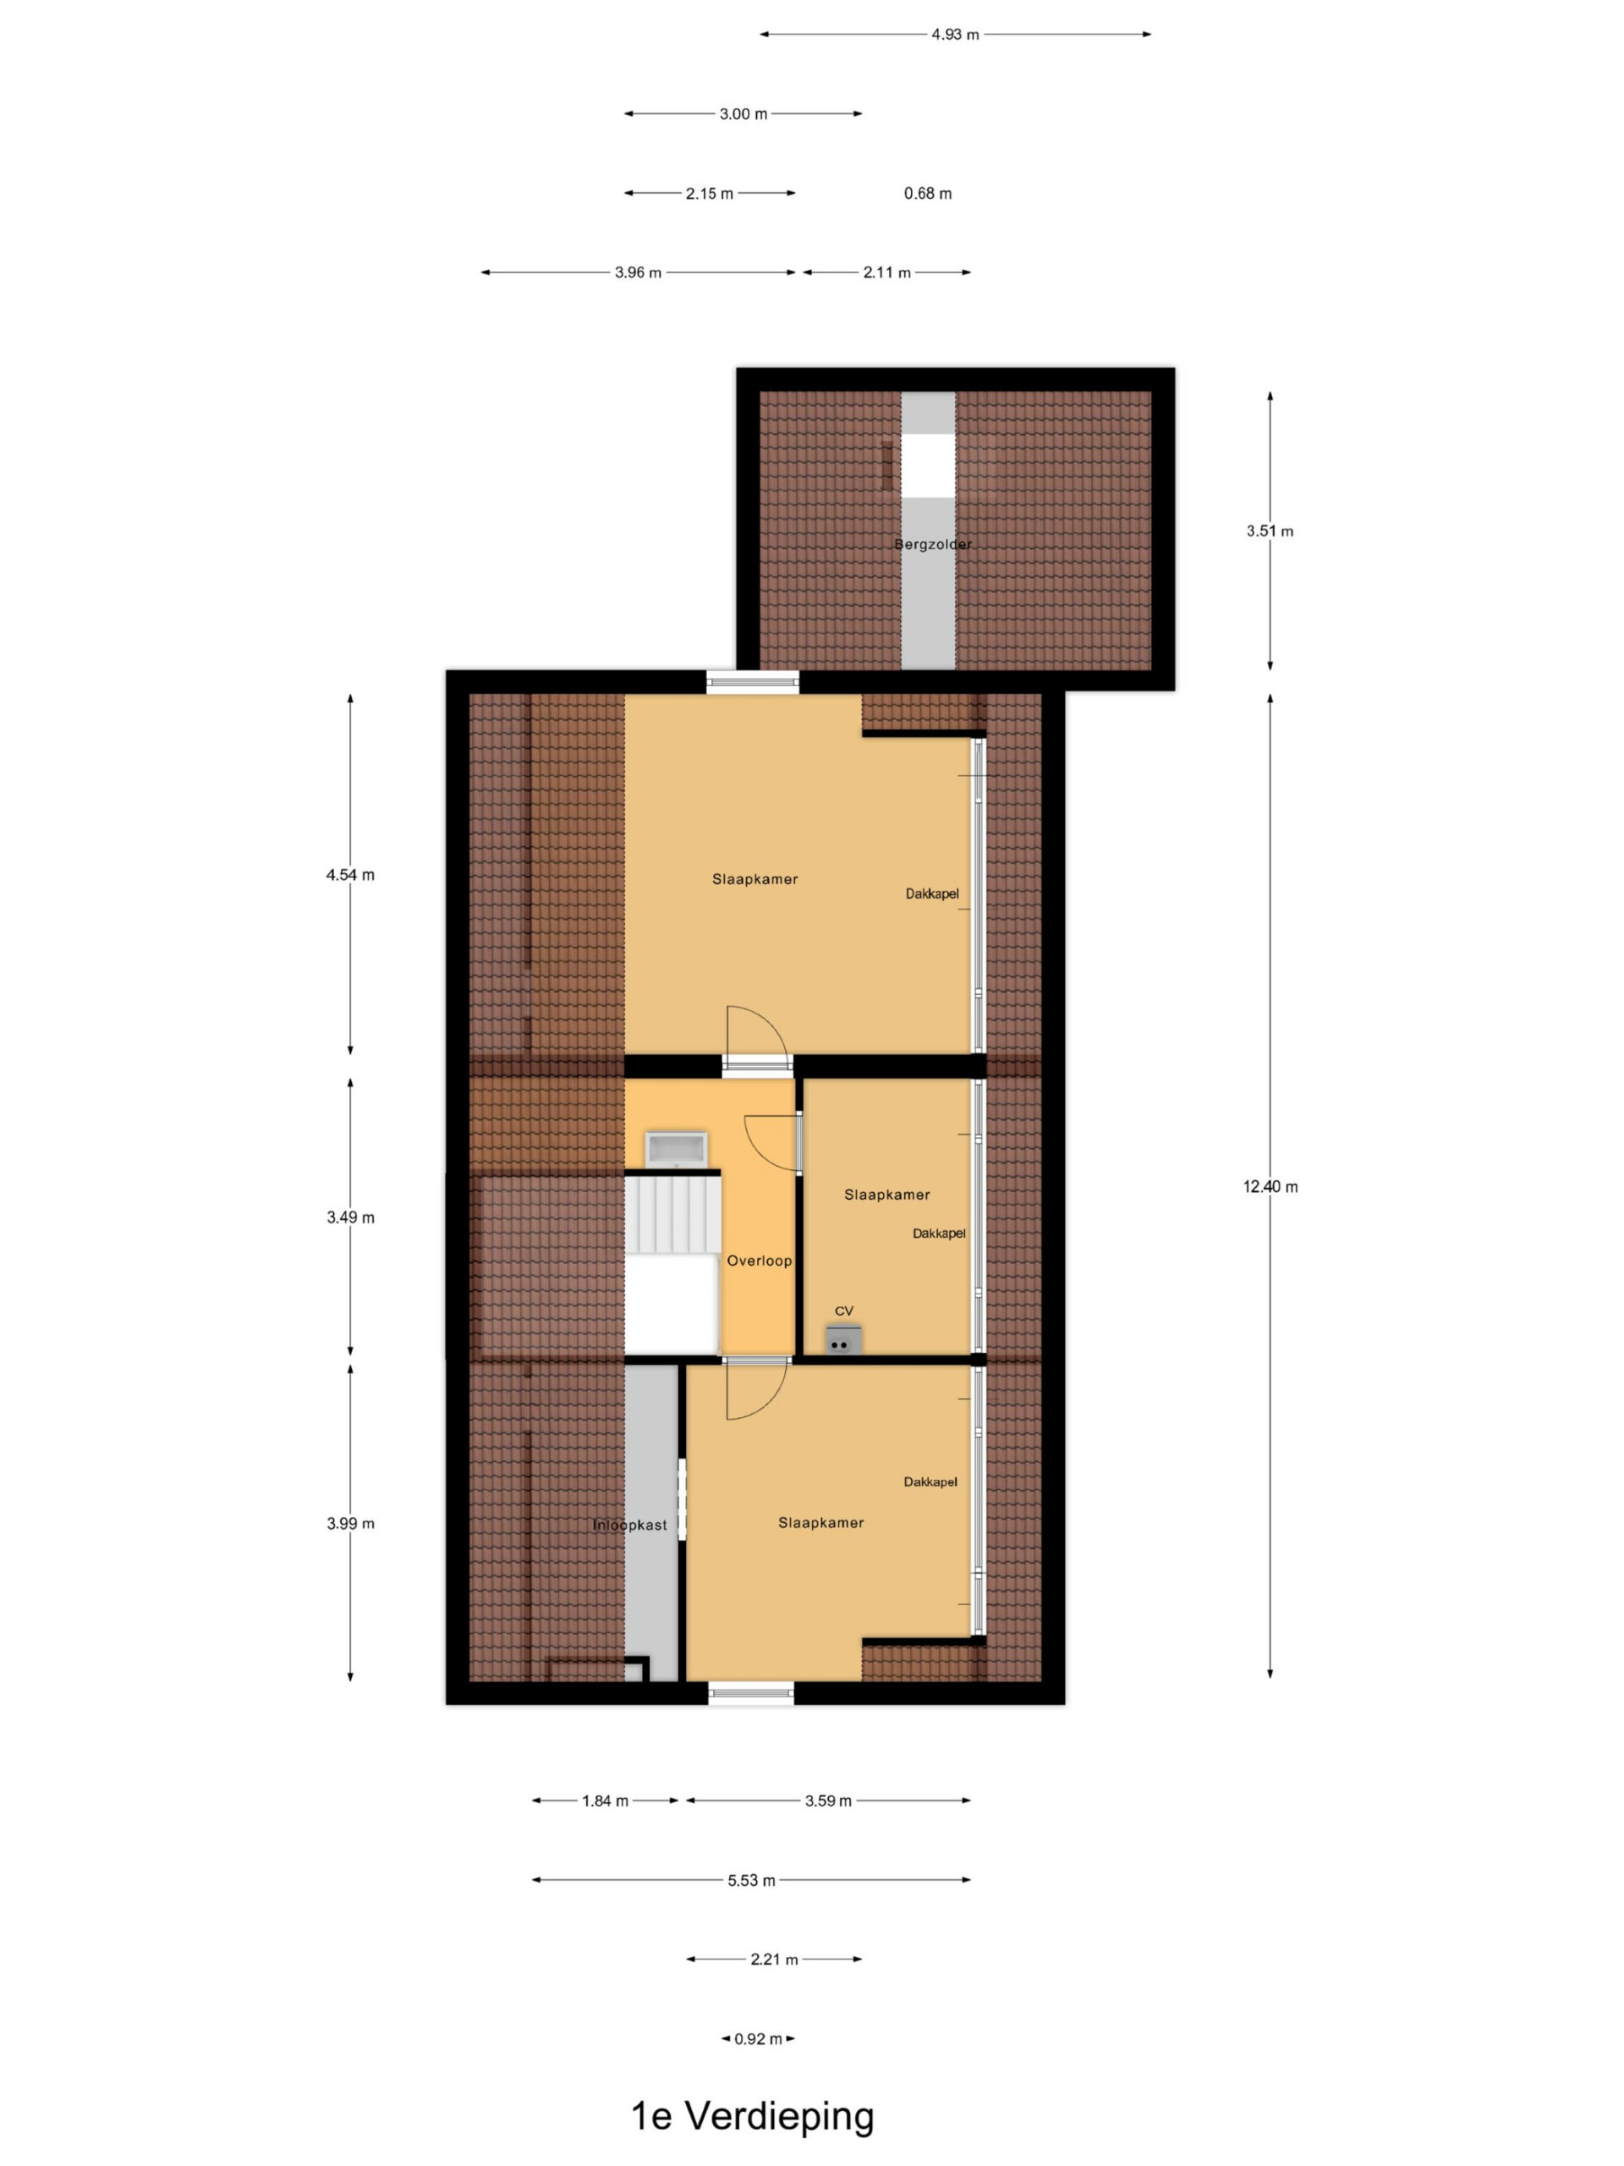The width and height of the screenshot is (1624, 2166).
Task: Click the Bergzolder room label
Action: [x=932, y=544]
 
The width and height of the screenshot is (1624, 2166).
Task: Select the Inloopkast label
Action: [x=629, y=1525]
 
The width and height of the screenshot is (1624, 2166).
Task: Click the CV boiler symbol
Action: [x=842, y=1339]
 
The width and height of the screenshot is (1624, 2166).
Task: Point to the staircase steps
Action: [x=673, y=1213]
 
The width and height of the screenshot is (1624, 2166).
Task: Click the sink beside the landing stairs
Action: [x=676, y=1147]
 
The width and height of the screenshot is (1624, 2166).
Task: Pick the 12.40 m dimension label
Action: [x=1270, y=1187]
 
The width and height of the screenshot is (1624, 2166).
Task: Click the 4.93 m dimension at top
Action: [x=954, y=35]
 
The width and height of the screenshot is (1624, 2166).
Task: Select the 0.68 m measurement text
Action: [x=927, y=194]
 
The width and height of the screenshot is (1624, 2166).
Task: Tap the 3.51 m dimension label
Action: [x=1270, y=531]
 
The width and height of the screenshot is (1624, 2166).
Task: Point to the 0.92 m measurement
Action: [x=758, y=2039]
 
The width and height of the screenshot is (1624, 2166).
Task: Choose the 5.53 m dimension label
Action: [x=751, y=1880]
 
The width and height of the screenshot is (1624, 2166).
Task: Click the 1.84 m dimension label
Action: [x=605, y=1800]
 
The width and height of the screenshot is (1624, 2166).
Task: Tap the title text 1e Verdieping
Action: [x=752, y=2116]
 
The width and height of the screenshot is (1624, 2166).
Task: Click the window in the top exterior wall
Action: [x=753, y=683]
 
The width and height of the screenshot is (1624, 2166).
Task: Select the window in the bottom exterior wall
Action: [x=751, y=1693]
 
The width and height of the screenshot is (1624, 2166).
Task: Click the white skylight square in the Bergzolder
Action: [x=928, y=465]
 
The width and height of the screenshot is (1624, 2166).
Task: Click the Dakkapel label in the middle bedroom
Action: [x=939, y=1234]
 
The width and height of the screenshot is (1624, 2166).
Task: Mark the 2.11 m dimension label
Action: [x=887, y=272]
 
